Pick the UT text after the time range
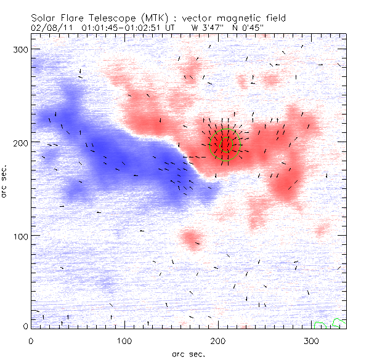coord(171,28)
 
